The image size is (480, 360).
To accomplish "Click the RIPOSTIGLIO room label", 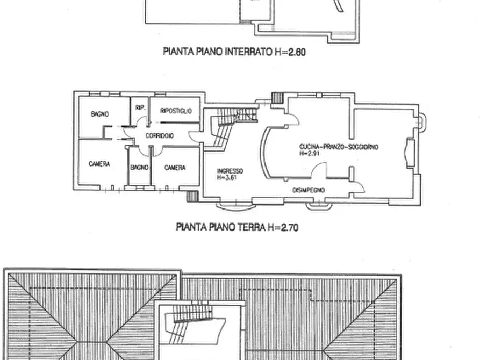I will [x=176, y=111].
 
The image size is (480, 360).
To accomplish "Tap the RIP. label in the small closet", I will [x=140, y=108].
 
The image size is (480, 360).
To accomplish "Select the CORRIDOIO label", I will [x=159, y=136].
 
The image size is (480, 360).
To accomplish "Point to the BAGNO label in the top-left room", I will [x=100, y=114].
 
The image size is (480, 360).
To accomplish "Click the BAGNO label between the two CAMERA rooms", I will [x=139, y=168].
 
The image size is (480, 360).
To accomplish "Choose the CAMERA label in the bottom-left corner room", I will [x=99, y=164].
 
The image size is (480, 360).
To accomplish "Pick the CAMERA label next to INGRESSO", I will [x=175, y=168].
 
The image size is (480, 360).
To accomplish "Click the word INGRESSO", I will [x=230, y=171].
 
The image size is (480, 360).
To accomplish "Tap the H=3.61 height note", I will [x=227, y=177].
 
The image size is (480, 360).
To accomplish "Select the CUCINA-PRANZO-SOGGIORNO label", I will [x=339, y=146].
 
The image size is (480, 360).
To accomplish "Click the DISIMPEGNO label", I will [x=308, y=190].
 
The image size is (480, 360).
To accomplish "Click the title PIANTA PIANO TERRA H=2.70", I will [x=237, y=227].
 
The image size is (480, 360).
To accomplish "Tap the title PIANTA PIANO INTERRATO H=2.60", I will [x=234, y=53].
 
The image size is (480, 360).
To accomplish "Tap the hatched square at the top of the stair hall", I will [x=276, y=98].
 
